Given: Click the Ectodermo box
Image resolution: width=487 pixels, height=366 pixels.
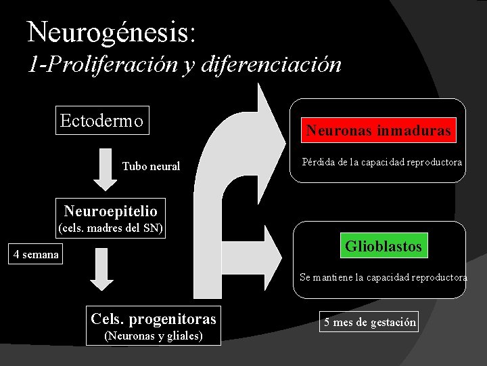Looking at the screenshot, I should pyautogui.click(x=102, y=121).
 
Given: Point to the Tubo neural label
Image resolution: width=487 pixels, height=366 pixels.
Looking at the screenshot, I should pyautogui.click(x=151, y=166).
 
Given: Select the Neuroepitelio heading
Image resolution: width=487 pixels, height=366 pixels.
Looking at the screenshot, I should pyautogui.click(x=110, y=211).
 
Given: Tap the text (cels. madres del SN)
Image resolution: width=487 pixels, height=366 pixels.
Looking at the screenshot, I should pyautogui.click(x=111, y=228).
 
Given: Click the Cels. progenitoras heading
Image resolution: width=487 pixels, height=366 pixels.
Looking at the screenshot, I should pyautogui.click(x=154, y=319).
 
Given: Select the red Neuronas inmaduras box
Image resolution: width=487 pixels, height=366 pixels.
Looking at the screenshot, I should pyautogui.click(x=378, y=130).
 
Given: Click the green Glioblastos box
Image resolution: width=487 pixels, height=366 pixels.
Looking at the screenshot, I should pyautogui.click(x=384, y=245).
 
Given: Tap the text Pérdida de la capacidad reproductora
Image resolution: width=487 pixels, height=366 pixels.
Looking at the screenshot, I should pyautogui.click(x=382, y=163).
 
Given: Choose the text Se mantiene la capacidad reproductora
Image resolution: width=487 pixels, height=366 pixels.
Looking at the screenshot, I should pyautogui.click(x=384, y=277).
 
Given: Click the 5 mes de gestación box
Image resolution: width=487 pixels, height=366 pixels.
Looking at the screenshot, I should pyautogui.click(x=369, y=322).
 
